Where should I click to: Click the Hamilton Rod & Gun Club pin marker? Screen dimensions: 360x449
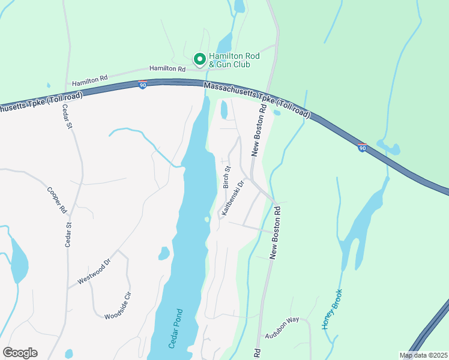[199, 59]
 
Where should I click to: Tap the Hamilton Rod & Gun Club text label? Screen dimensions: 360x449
[234, 59]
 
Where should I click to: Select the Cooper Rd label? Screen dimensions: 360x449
[56, 200]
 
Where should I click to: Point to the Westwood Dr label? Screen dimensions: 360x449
[94, 272]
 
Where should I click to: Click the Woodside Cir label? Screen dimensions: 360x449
[118, 305]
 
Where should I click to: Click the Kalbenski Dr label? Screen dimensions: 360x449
[233, 197]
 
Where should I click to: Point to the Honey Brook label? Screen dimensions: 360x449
[332, 309]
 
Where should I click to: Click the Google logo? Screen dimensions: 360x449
[20, 353]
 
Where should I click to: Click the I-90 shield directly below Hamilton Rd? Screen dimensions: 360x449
[142, 86]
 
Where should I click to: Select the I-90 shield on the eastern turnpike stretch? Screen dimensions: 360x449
[363, 148]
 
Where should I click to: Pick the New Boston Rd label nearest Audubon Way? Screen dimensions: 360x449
[276, 233]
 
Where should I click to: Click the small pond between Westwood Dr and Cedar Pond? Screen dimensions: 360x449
[164, 253]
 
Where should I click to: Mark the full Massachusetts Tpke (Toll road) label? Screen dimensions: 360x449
[257, 100]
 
